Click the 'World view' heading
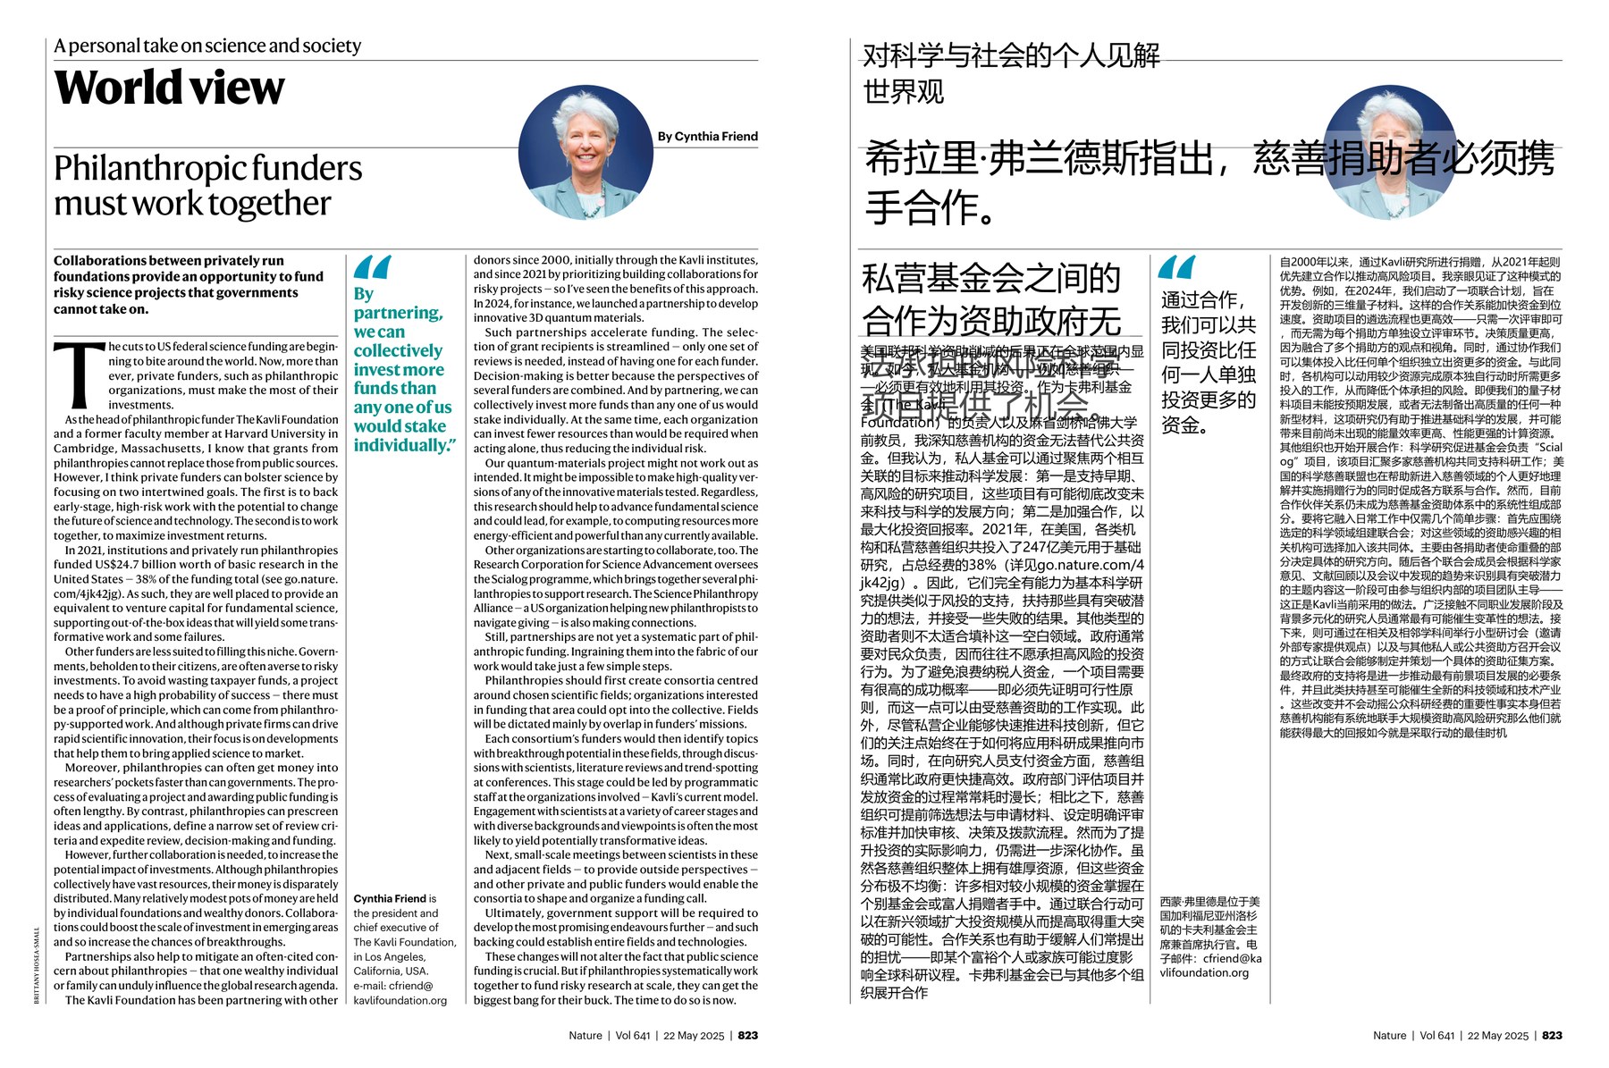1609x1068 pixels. [x=170, y=88]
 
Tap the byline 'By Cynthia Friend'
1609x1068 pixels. [x=707, y=137]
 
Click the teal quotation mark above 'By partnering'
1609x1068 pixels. [x=372, y=267]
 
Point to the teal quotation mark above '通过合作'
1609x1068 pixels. [x=1176, y=267]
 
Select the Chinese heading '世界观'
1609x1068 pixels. [x=903, y=92]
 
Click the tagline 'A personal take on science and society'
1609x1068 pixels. [x=207, y=46]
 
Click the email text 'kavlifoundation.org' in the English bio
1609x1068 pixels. [x=400, y=1000]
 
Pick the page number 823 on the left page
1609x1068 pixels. [x=748, y=1035]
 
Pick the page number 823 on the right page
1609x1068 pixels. [x=1552, y=1035]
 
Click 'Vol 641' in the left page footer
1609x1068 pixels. [x=633, y=1035]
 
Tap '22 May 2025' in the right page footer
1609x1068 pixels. [x=1497, y=1035]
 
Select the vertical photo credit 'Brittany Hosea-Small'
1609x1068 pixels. [x=37, y=965]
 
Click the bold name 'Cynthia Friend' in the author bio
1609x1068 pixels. [x=390, y=898]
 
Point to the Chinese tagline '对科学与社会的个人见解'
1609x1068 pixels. [x=1011, y=55]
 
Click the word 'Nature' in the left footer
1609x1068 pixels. [x=585, y=1035]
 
